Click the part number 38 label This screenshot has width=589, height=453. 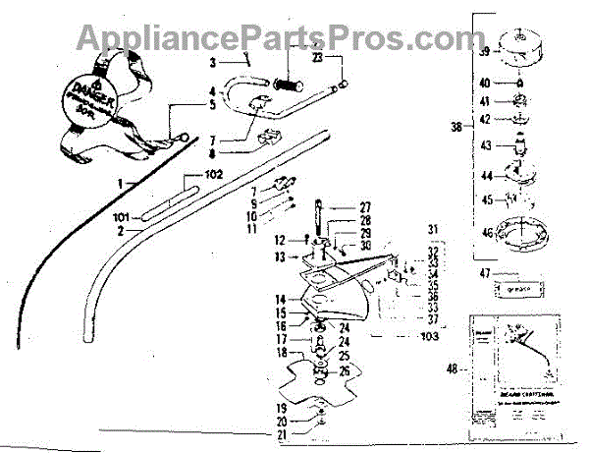454,127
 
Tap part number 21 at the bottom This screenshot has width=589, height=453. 282,433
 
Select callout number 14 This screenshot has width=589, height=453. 280,298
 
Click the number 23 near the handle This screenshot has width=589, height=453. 316,59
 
